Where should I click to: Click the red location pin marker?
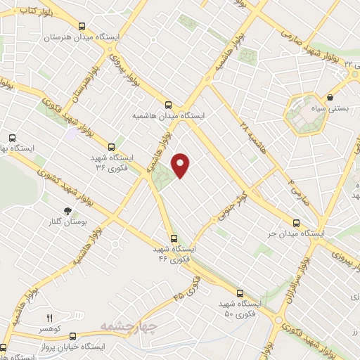(181, 165)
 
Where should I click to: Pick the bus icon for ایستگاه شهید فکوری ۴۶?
(174, 238)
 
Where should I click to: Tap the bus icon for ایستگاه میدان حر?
(297, 220)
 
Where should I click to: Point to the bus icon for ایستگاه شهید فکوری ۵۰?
(240, 292)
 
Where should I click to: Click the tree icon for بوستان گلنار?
(67, 210)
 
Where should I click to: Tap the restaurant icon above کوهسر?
(50, 318)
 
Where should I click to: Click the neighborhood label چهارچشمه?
(127, 325)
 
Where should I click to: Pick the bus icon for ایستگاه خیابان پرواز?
(5, 347)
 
